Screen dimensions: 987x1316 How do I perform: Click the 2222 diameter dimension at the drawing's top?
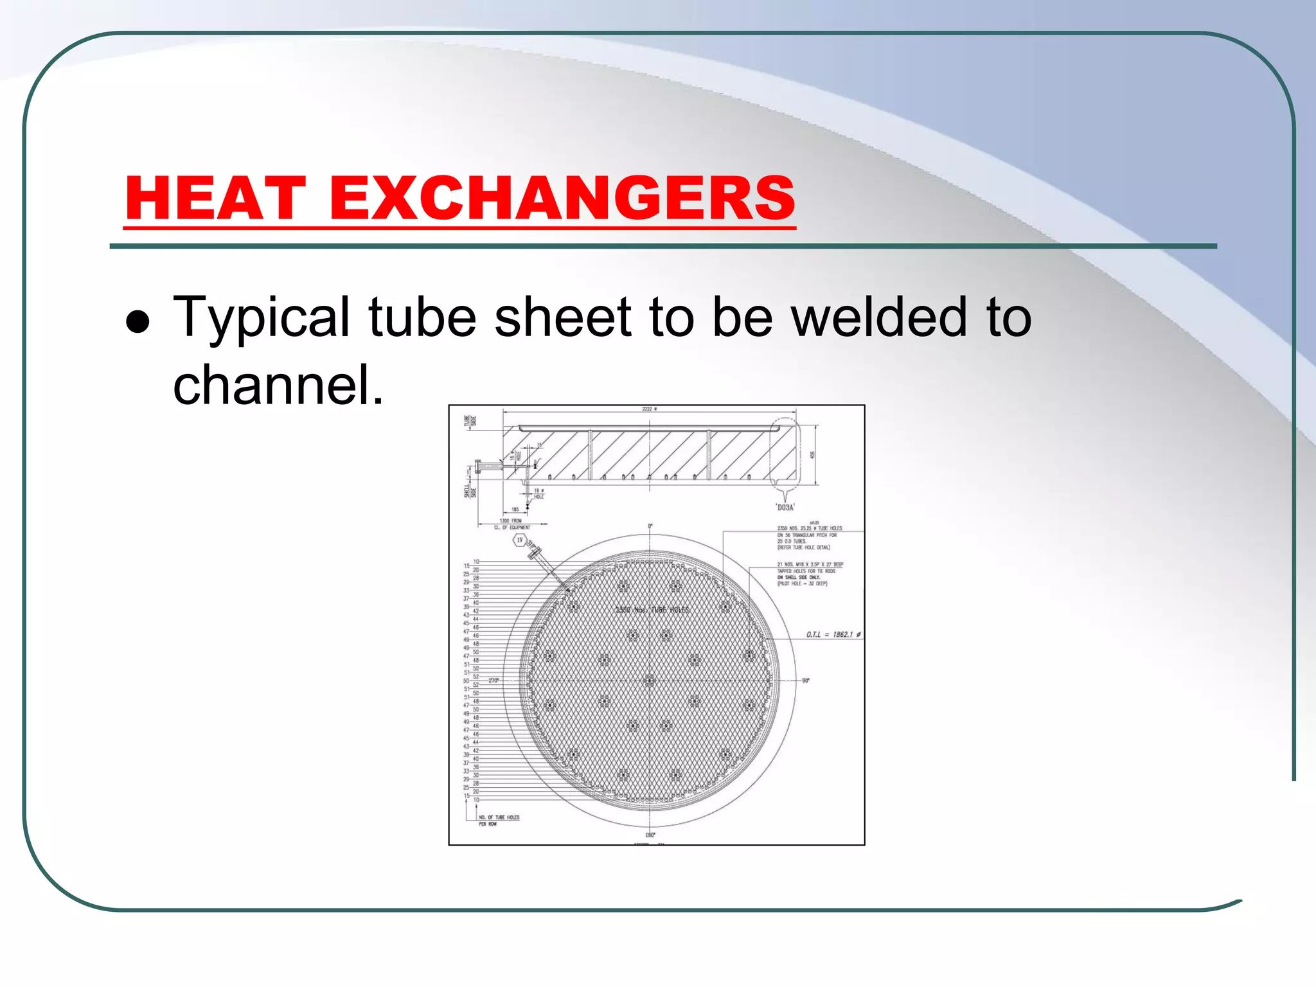[x=649, y=409]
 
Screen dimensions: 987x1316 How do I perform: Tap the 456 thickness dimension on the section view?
[x=812, y=454]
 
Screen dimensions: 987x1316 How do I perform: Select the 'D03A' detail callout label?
[x=785, y=508]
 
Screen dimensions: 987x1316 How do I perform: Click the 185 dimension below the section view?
[x=515, y=510]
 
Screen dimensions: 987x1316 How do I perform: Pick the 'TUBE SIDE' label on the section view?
[x=470, y=421]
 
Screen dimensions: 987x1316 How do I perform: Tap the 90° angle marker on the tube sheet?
[x=806, y=680]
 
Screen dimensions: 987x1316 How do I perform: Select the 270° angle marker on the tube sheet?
[x=493, y=680]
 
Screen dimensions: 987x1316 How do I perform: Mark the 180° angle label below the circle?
[x=650, y=835]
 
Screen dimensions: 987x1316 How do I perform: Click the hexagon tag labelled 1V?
[x=520, y=540]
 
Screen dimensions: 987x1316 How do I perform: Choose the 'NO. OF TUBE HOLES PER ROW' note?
[x=499, y=821]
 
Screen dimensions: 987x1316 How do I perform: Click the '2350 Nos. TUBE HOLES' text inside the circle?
[x=652, y=610]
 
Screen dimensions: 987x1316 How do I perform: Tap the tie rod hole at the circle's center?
[x=649, y=680]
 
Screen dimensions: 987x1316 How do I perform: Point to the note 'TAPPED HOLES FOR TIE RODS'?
[x=806, y=571]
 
